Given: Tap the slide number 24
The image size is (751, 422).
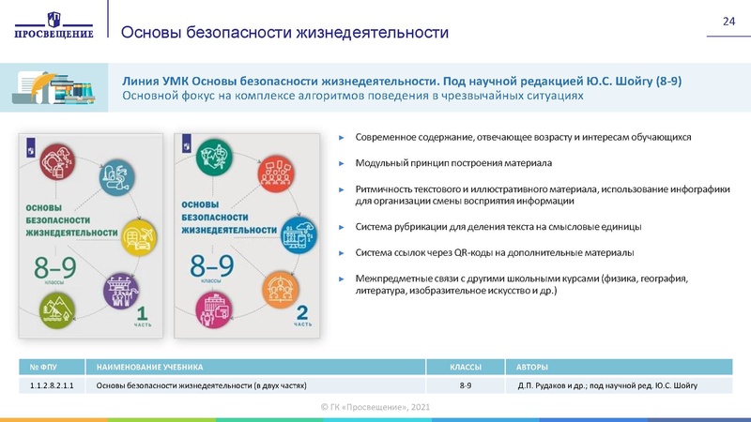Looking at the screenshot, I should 727,22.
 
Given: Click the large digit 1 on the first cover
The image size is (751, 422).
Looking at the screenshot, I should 142,310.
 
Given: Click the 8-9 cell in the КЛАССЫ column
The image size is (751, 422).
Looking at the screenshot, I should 466,385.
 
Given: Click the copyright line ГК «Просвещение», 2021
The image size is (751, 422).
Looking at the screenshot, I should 375,405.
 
